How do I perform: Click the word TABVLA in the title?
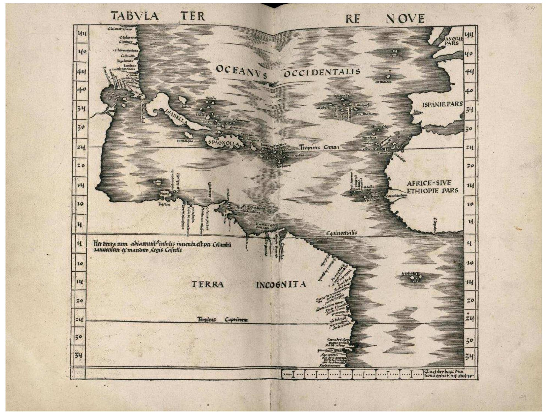click(135, 16)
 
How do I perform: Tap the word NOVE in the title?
click(405, 19)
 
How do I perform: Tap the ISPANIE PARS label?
click(442, 104)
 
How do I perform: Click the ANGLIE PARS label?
click(453, 41)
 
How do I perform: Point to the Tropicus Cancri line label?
click(319, 147)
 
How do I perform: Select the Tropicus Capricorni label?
click(223, 320)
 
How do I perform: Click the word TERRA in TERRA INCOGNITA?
click(208, 284)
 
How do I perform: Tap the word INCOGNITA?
click(281, 284)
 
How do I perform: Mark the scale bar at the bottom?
click(352, 374)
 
